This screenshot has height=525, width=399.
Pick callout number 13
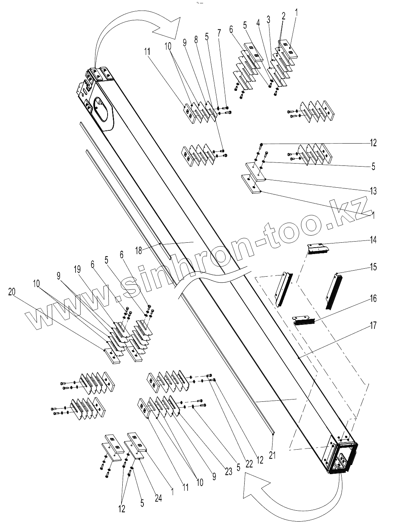[x=373, y=191]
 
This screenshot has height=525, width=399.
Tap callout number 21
[x=273, y=455]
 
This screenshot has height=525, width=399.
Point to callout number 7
[x=219, y=33]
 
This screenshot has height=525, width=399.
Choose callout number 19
[x=77, y=269]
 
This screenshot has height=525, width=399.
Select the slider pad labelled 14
[x=318, y=249]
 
